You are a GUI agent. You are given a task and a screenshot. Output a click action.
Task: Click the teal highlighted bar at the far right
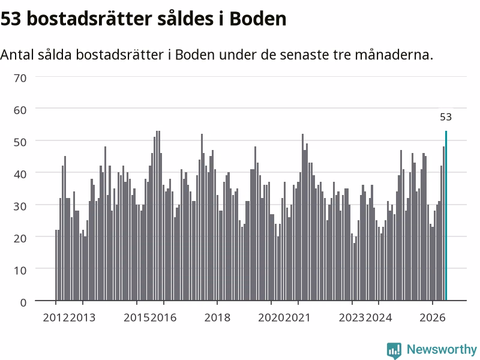pyautogui.click(x=446, y=215)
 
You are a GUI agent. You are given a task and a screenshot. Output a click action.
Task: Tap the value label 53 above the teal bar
pyautogui.click(x=446, y=117)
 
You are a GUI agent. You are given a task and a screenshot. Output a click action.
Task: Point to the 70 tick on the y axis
pyautogui.click(x=20, y=78)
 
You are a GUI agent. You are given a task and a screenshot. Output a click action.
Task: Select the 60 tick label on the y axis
pyautogui.click(x=20, y=110)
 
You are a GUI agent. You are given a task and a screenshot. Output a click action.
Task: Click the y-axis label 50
pyautogui.click(x=20, y=142)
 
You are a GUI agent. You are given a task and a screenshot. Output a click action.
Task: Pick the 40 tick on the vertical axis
pyautogui.click(x=20, y=174)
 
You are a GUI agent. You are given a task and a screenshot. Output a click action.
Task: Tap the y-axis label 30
pyautogui.click(x=20, y=206)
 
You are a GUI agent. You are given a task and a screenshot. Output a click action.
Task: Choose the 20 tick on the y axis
pyautogui.click(x=20, y=238)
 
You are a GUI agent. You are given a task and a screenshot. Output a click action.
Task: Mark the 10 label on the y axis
pyautogui.click(x=20, y=271)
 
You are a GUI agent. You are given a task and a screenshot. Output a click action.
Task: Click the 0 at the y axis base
pyautogui.click(x=23, y=302)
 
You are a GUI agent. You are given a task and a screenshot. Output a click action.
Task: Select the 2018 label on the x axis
pyautogui.click(x=217, y=317)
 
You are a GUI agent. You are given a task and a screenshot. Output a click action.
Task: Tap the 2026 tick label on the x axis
pyautogui.click(x=432, y=317)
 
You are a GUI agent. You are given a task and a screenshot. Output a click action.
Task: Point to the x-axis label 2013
pyautogui.click(x=83, y=317)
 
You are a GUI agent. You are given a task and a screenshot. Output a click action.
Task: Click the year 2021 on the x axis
pyautogui.click(x=298, y=317)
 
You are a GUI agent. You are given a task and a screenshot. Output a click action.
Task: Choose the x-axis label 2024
pyautogui.click(x=379, y=317)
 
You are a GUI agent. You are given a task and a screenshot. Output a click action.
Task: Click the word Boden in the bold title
pyautogui.click(x=258, y=19)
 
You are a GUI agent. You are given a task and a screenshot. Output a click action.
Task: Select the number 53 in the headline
pyautogui.click(x=11, y=19)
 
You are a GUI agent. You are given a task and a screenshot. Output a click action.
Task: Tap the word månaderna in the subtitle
pyautogui.click(x=394, y=55)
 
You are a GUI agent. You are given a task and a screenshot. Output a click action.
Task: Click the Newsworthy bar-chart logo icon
pyautogui.click(x=394, y=350)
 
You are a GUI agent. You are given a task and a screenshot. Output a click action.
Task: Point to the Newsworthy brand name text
pyautogui.click(x=442, y=349)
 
